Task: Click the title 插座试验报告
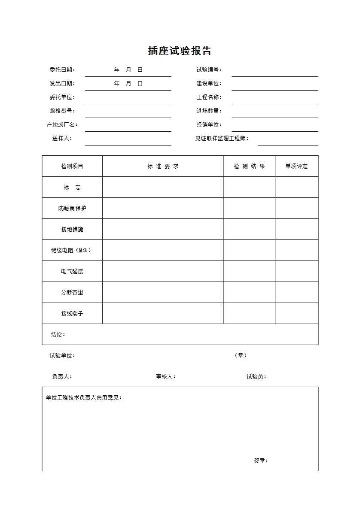tap(180, 51)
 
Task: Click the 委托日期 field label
tap(62, 70)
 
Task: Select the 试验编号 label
tap(209, 70)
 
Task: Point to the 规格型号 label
tap(62, 111)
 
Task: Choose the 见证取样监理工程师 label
tap(222, 139)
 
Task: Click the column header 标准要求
tap(163, 167)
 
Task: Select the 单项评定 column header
tap(296, 167)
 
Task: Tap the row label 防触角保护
tap(72, 209)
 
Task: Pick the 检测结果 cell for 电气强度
tap(249, 271)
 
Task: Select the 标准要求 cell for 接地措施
tap(163, 229)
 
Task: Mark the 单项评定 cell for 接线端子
tap(296, 313)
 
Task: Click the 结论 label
tap(58, 335)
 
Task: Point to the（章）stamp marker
tap(241, 355)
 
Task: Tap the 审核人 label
tap(165, 377)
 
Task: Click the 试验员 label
tap(256, 377)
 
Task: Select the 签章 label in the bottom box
tap(261, 461)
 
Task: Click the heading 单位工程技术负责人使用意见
tap(84, 398)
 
